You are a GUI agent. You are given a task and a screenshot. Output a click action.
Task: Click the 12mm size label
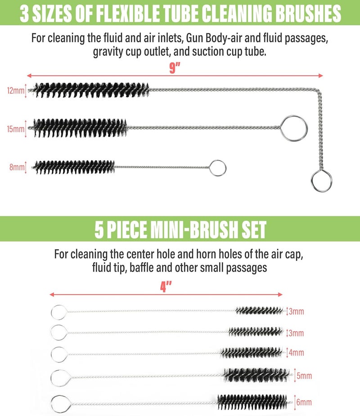click(16, 91)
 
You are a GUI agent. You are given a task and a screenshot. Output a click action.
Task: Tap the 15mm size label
click(16, 129)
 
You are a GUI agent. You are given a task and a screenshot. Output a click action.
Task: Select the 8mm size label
click(17, 167)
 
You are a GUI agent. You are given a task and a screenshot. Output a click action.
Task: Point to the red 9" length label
click(175, 68)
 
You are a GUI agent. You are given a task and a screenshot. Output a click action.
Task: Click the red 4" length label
click(166, 287)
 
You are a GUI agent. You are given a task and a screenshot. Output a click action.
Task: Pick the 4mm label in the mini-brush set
click(296, 353)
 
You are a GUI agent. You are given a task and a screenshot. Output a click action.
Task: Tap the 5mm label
click(304, 376)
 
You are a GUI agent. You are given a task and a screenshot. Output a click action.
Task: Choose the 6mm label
click(304, 402)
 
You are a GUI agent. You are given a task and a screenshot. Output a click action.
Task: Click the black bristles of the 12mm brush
click(90, 90)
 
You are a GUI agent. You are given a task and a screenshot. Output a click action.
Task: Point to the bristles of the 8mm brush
click(74, 167)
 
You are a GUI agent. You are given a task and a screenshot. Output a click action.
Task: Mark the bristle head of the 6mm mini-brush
click(252, 402)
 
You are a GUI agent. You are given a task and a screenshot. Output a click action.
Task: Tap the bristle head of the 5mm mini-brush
click(256, 375)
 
